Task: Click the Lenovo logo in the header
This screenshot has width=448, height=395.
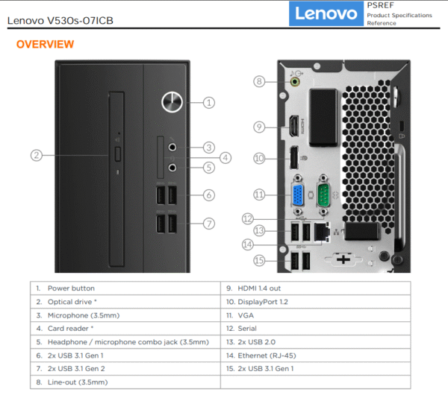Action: coord(326,13)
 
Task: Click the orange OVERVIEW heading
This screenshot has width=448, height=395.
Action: coord(45,45)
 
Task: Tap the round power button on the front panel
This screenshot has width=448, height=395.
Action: coord(172,102)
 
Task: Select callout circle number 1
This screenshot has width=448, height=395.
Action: coord(209,102)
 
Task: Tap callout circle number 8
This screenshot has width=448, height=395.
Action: coord(259,81)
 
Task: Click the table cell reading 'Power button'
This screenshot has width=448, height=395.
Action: coord(71,288)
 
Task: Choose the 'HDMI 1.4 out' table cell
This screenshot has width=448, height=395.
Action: coord(258,288)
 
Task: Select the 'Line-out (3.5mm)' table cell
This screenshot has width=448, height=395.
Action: coord(77,382)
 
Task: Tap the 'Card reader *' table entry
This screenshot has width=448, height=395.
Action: coord(70,329)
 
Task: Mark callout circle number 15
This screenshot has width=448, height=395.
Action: coord(259,260)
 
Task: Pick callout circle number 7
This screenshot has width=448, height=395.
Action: coord(209,222)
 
